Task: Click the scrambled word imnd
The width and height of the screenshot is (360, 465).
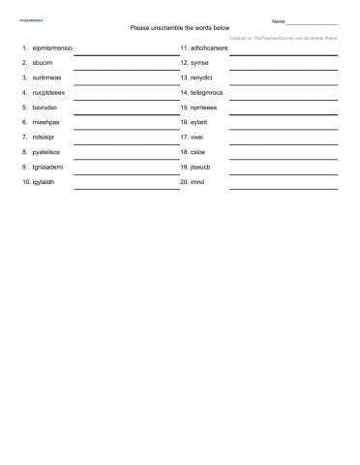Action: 197,182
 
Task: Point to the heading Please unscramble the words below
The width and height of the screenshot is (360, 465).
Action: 180,28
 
